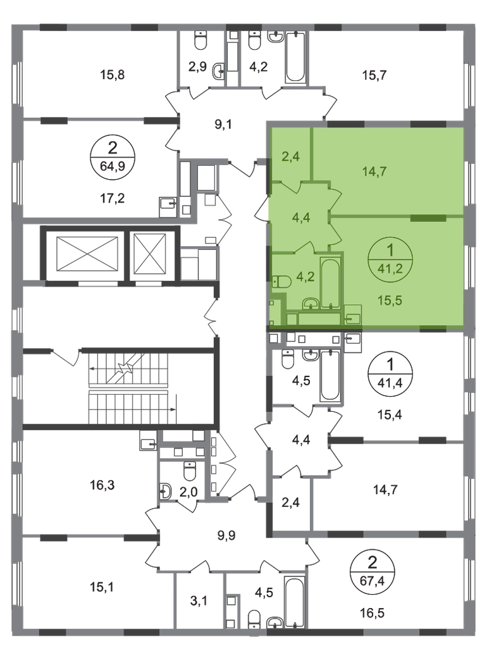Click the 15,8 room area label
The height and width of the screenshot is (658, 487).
click(x=113, y=75)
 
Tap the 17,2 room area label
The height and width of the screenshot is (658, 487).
click(x=112, y=198)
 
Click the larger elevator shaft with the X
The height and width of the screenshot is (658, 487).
click(x=87, y=254)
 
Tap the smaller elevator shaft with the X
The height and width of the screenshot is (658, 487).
click(x=150, y=254)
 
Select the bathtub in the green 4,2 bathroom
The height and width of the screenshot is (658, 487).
click(x=331, y=284)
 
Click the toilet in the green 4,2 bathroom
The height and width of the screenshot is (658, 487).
click(x=280, y=282)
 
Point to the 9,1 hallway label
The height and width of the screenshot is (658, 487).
click(x=223, y=125)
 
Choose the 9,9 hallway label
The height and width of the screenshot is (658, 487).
click(x=226, y=536)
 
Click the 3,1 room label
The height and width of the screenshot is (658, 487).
click(x=199, y=601)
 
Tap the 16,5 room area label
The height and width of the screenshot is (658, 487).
click(x=372, y=614)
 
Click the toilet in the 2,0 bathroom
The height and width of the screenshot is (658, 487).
click(x=190, y=471)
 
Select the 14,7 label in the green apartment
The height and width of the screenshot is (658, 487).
click(x=374, y=171)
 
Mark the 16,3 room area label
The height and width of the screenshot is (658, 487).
click(x=102, y=485)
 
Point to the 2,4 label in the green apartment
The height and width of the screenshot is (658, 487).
click(x=290, y=156)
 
